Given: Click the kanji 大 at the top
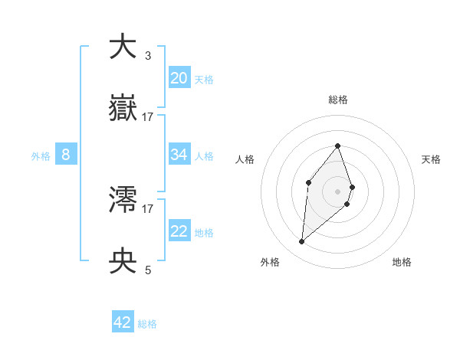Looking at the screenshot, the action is (123, 47).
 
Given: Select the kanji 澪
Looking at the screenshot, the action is (123, 200).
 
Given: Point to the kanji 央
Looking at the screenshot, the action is (123, 261).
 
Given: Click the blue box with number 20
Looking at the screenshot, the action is (179, 77).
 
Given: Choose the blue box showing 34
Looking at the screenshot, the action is (179, 155).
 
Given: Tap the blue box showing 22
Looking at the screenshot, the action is (179, 231).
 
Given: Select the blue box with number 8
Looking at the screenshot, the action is (65, 155).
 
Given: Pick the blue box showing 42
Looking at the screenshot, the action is (123, 322).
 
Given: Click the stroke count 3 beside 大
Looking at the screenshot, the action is (147, 55).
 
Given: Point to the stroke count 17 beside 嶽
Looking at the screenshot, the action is (148, 116).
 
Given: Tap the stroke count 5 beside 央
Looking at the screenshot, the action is (147, 270).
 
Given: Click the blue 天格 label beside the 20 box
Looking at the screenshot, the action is (204, 79).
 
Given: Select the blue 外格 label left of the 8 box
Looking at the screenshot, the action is (41, 156).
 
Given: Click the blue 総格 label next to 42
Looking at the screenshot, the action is (147, 324).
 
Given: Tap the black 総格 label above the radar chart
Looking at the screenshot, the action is (337, 100).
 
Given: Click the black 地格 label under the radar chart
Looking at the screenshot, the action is (402, 262).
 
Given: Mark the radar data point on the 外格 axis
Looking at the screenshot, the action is (301, 242).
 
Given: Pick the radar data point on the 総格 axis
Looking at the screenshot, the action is (337, 146).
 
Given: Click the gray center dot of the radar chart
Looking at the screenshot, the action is (337, 191).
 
